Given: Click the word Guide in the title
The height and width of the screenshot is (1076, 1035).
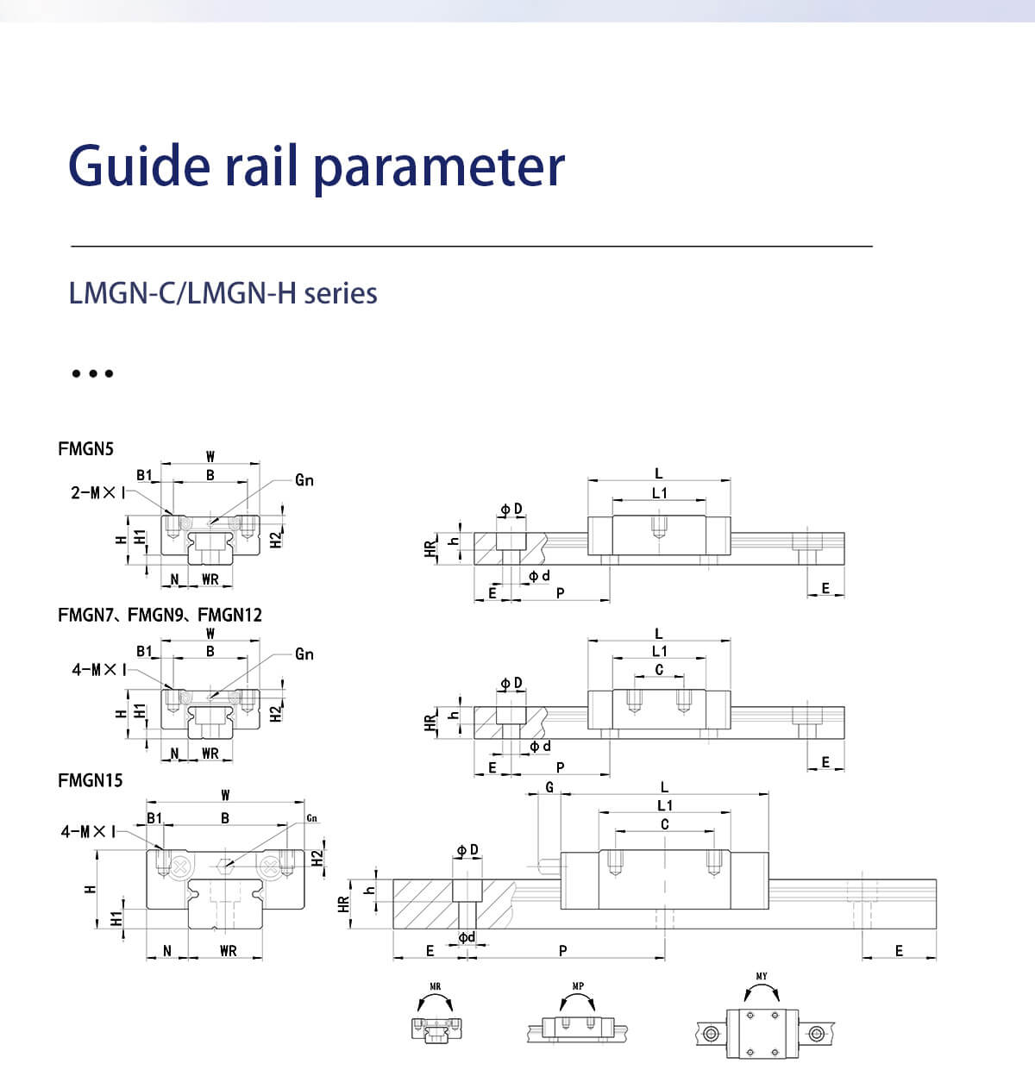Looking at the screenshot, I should pyautogui.click(x=139, y=166).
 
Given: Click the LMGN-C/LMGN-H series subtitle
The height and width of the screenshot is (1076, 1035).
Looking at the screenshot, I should pyautogui.click(x=223, y=293).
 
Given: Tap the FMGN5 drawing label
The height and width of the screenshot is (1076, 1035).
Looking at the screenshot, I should pyautogui.click(x=85, y=448).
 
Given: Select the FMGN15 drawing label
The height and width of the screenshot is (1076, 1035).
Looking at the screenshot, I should pyautogui.click(x=91, y=780).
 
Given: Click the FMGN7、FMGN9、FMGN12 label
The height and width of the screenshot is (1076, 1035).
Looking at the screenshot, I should pyautogui.click(x=160, y=615).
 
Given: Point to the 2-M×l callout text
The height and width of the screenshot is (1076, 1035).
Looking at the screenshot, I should pyautogui.click(x=97, y=492).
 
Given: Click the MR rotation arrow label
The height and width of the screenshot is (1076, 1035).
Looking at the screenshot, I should pyautogui.click(x=435, y=986).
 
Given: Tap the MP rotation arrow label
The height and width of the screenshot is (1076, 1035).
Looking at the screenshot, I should pyautogui.click(x=577, y=986).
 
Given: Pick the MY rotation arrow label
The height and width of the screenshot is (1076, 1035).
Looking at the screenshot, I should pyautogui.click(x=762, y=977).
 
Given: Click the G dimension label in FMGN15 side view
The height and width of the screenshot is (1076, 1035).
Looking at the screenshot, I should pyautogui.click(x=549, y=787).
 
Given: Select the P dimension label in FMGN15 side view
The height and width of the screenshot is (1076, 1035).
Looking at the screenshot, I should pyautogui.click(x=563, y=950).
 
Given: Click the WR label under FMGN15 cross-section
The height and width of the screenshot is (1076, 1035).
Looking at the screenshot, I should pyautogui.click(x=228, y=951).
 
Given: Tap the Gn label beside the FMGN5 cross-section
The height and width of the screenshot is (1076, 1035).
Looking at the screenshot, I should pyautogui.click(x=304, y=480).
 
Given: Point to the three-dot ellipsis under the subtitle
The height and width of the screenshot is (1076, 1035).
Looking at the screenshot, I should pyautogui.click(x=92, y=373).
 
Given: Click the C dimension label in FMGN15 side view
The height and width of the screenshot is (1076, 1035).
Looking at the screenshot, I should pyautogui.click(x=664, y=824).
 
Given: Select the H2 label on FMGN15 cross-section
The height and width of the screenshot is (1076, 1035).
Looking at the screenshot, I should pyautogui.click(x=317, y=858).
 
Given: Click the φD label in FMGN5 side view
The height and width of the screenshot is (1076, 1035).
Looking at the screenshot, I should pyautogui.click(x=511, y=510).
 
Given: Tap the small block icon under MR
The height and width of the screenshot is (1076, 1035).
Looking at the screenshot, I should pyautogui.click(x=436, y=1029).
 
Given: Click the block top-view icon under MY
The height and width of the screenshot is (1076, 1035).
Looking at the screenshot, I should pyautogui.click(x=763, y=1031).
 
